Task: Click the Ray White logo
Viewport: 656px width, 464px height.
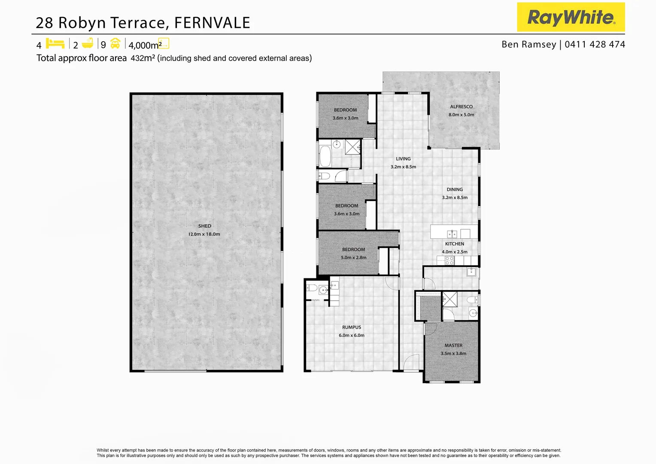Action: pos(571,17)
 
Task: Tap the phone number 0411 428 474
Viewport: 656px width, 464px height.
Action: pos(595,44)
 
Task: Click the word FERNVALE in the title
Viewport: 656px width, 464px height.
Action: pos(212,23)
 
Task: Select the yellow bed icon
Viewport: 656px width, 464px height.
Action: pos(55,43)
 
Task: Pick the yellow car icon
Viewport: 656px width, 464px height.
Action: pos(115,43)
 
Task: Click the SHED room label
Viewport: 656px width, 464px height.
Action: pos(205,226)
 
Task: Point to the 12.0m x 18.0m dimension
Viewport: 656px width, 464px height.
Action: pos(204,234)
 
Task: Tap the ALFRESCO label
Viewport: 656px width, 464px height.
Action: pos(461,107)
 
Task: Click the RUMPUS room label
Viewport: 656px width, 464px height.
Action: pos(352,327)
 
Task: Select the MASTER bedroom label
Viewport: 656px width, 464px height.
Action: pos(453,345)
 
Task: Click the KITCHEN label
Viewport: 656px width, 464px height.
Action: pos(454,244)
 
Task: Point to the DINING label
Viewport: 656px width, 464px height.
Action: pos(455,189)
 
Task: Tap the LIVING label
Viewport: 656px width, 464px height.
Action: pos(403,159)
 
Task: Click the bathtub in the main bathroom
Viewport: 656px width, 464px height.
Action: pos(325,156)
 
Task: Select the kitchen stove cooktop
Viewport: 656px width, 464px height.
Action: pos(449,260)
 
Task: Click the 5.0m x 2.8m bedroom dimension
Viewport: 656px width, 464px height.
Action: pos(354,258)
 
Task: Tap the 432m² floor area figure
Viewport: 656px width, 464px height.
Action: pos(143,58)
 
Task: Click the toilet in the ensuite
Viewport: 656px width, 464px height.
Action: pos(473,299)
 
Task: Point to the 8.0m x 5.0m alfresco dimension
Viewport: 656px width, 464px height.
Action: pos(462,115)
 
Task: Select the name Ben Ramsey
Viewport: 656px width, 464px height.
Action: pos(528,44)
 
